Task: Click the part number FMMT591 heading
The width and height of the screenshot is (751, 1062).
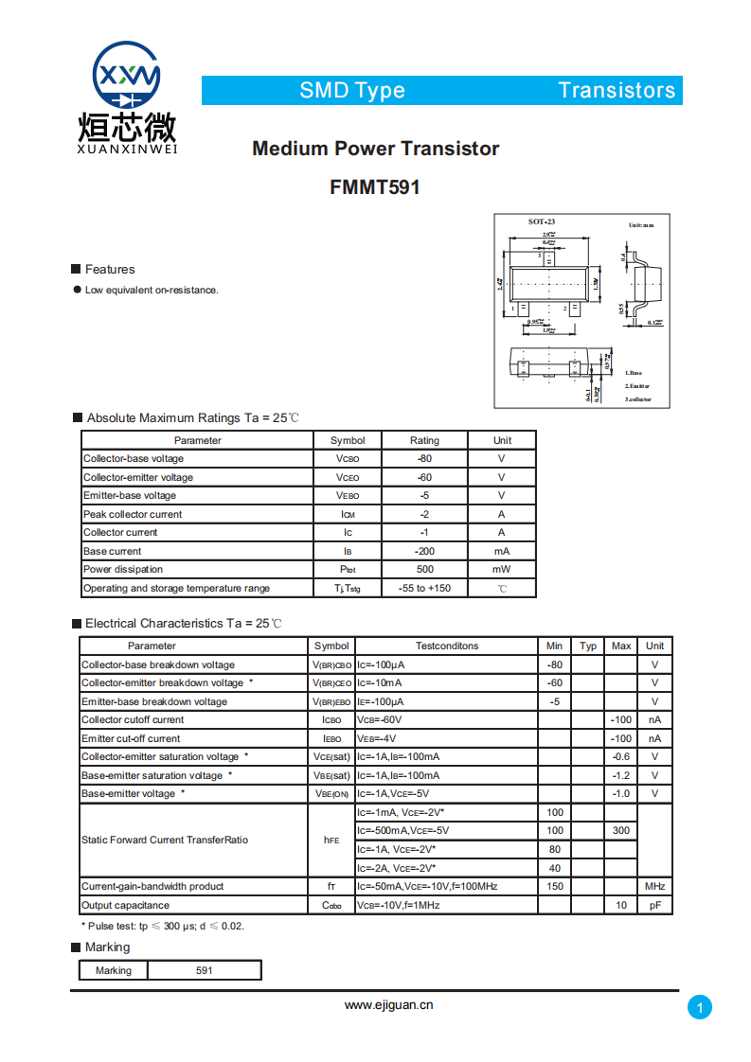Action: (x=375, y=187)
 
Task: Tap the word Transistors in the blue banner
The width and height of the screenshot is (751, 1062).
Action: (x=617, y=91)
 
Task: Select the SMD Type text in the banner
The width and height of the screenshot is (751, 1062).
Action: (x=352, y=91)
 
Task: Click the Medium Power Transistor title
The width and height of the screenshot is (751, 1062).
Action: (x=375, y=149)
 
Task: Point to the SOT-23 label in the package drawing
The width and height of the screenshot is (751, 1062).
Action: (x=542, y=222)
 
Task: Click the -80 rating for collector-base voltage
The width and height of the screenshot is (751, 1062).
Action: (x=424, y=459)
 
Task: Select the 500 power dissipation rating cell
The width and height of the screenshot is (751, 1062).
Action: (x=424, y=570)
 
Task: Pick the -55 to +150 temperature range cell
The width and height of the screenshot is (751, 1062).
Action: (x=424, y=588)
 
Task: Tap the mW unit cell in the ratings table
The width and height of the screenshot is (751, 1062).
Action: (x=502, y=570)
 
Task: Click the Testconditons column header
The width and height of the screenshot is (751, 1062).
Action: (x=447, y=646)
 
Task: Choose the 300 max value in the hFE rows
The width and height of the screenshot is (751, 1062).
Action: (x=620, y=831)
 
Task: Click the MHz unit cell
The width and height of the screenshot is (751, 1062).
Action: (x=654, y=887)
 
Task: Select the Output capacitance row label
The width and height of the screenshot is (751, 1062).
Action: (x=126, y=906)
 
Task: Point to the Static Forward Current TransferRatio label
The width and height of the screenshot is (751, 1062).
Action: (x=165, y=841)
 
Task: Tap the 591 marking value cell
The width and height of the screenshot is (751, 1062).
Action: (x=205, y=971)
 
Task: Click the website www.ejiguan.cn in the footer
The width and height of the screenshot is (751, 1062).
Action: (x=388, y=1005)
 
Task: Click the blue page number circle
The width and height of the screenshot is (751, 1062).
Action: (x=699, y=1008)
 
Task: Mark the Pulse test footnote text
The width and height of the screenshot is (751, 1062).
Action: (x=162, y=926)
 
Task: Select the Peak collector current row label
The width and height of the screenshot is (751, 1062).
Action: (x=133, y=515)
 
